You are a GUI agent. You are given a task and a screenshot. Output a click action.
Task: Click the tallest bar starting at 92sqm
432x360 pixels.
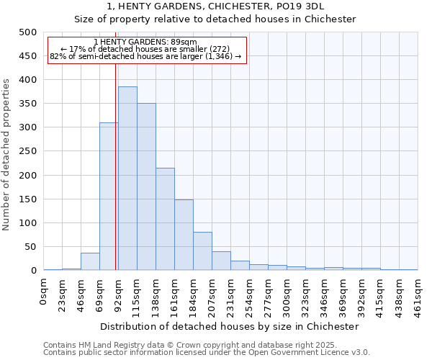click(127, 179)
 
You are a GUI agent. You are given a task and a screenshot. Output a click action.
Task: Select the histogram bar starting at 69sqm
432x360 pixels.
click(109, 197)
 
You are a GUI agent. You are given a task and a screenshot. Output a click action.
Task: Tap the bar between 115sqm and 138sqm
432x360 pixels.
click(146, 186)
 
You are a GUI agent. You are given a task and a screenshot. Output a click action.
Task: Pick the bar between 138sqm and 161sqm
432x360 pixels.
click(165, 219)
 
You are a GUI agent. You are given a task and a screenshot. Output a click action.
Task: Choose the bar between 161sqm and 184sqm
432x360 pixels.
click(184, 235)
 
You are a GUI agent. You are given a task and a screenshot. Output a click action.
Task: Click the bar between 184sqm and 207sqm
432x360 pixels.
click(202, 251)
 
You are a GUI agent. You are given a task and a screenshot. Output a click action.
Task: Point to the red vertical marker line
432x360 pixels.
click(116, 144)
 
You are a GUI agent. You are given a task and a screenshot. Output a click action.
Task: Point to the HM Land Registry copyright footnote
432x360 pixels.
click(190, 345)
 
